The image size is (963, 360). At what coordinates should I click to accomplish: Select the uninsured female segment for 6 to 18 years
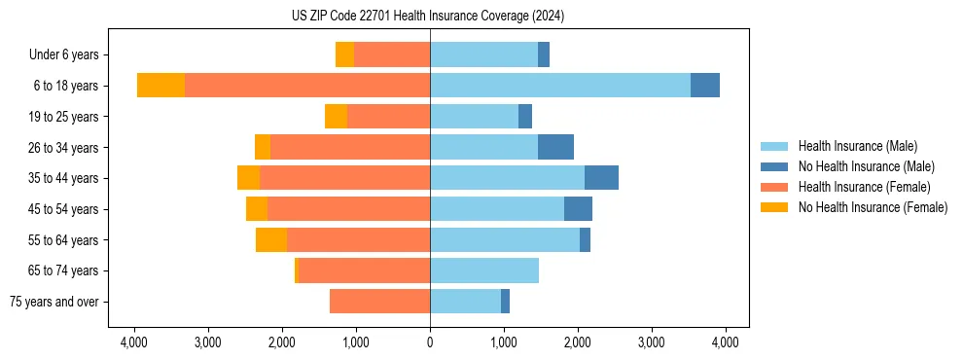pyautogui.click(x=160, y=86)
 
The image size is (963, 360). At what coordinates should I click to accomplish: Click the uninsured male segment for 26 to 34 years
pyautogui.click(x=555, y=147)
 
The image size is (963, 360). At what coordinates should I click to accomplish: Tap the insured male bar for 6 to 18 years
pyautogui.click(x=560, y=86)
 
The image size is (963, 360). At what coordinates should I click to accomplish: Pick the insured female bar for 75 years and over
pyautogui.click(x=379, y=302)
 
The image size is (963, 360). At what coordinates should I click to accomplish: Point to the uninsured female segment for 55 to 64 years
pyautogui.click(x=271, y=240)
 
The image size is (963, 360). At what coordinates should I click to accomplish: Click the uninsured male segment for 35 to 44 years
pyautogui.click(x=601, y=178)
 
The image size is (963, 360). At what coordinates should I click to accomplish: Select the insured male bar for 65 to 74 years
pyautogui.click(x=484, y=270)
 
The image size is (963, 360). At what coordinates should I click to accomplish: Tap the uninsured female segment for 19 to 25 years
pyautogui.click(x=336, y=117)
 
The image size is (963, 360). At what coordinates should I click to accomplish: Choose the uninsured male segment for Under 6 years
pyautogui.click(x=544, y=54)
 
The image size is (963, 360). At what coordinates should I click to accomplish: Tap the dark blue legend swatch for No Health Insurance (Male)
pyautogui.click(x=774, y=166)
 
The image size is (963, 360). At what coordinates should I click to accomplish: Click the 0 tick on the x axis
pyautogui.click(x=430, y=342)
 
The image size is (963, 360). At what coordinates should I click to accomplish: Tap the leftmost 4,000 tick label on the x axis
pyautogui.click(x=134, y=342)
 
